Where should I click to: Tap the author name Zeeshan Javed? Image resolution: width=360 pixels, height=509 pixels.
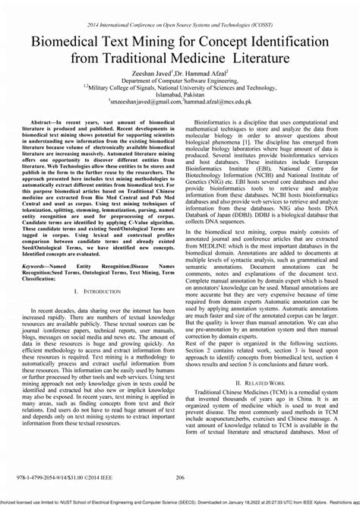pos(159,71)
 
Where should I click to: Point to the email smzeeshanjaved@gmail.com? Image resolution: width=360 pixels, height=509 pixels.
pos(141,100)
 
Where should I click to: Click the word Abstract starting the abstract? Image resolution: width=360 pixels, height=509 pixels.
pos(43,122)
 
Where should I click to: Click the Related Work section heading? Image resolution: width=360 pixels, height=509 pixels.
pos(261,404)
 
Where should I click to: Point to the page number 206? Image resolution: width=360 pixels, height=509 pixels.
pos(180,477)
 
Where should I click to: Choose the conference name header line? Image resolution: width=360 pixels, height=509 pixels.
pos(179,25)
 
